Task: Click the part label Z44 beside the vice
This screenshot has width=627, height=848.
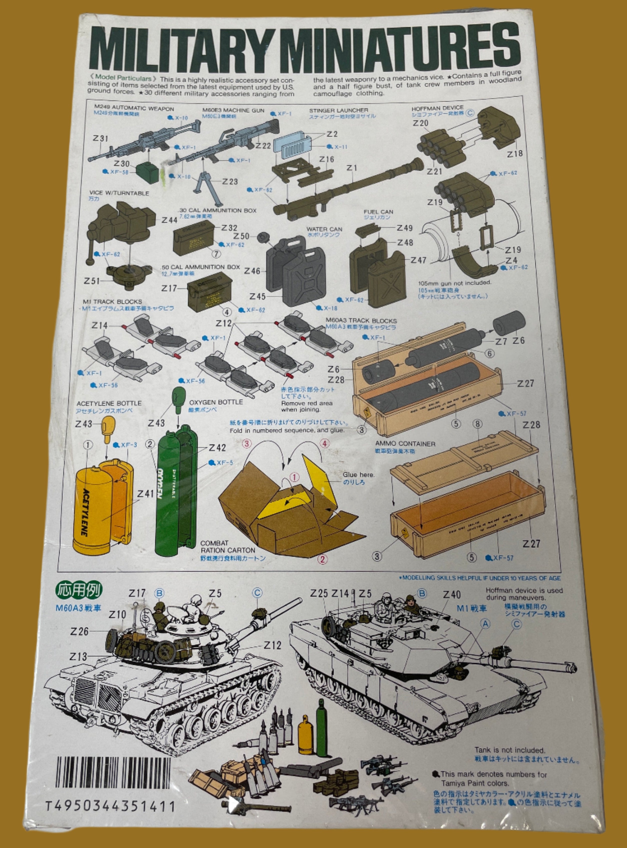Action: pos(169,220)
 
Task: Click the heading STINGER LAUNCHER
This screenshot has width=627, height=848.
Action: pos(338,110)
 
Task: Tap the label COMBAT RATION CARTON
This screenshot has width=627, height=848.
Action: pos(228,547)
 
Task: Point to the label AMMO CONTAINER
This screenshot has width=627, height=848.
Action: pos(405,443)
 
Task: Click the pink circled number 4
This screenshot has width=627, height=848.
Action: pos(325,443)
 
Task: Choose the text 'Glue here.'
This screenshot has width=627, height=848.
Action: pos(358,475)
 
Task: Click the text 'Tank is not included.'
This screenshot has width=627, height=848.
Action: pos(509,750)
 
